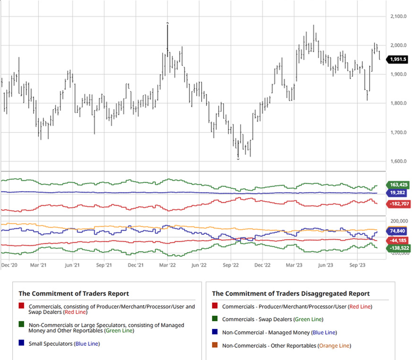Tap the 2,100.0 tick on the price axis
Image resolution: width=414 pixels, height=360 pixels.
point(398,17)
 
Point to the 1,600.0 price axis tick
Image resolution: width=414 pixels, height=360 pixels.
point(398,161)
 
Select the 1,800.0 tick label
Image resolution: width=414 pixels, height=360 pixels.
point(398,103)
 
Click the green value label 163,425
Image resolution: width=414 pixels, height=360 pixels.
point(398,185)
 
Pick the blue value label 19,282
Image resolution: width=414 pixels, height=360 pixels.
point(398,193)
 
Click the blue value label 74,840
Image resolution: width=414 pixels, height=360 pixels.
point(398,231)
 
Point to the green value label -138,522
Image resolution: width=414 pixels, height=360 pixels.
point(398,248)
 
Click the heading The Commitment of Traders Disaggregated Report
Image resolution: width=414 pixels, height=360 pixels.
point(291,294)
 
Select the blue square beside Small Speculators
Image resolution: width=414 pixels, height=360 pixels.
point(21,344)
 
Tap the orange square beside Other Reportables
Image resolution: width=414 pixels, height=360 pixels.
point(215,346)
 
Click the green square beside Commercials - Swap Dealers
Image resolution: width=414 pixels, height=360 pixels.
point(215,320)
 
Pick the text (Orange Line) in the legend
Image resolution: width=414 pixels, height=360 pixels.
point(334,346)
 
